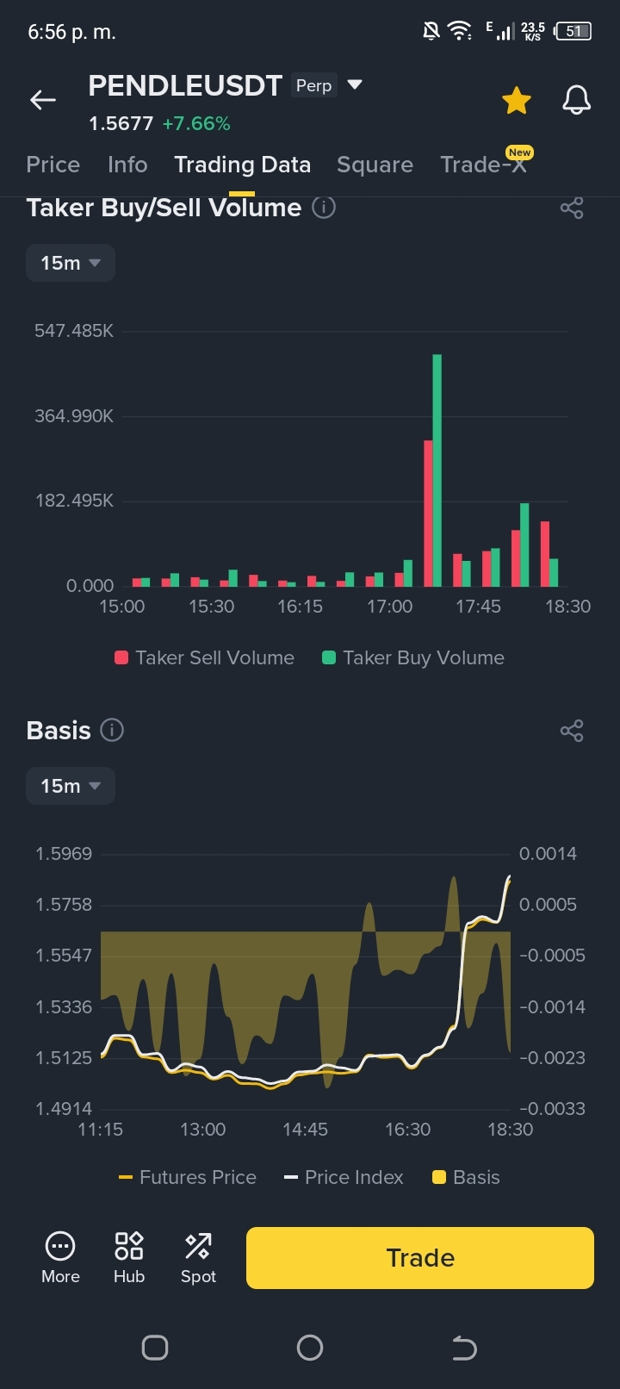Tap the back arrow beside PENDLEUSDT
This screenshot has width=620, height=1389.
[43, 99]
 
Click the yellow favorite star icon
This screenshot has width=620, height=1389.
[516, 101]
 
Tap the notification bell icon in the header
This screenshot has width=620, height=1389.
[577, 100]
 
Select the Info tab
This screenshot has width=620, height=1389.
[127, 165]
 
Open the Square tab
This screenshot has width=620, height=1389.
[375, 165]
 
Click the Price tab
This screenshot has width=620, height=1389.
[53, 165]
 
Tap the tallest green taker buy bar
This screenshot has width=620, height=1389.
[437, 470]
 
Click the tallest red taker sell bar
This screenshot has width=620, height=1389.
[428, 514]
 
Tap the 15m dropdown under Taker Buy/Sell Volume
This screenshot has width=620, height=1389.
[70, 263]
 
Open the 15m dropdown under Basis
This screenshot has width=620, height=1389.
[70, 786]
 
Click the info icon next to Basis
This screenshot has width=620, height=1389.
[112, 730]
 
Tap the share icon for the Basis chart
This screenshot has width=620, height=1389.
[572, 731]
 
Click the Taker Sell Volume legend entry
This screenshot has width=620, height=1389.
[205, 657]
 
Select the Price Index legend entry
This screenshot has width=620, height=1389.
[344, 1177]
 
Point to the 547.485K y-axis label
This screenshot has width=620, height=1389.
[74, 331]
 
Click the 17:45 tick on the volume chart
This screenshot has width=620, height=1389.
[478, 606]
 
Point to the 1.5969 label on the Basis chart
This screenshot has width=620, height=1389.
[63, 853]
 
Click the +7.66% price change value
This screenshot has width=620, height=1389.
[196, 123]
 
